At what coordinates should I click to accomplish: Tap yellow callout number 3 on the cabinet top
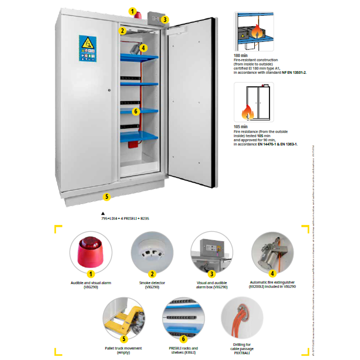coord(166,19)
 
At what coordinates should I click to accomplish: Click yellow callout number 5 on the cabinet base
coord(107,196)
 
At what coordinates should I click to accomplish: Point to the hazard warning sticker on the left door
coord(87,48)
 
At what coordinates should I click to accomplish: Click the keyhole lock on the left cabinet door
coord(109,90)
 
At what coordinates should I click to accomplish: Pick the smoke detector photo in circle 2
coord(152,252)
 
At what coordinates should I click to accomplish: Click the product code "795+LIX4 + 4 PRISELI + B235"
coord(125,218)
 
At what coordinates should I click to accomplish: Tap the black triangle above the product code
coord(103,213)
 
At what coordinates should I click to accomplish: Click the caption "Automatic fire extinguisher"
coord(273,282)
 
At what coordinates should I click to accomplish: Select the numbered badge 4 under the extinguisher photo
coord(272,273)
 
